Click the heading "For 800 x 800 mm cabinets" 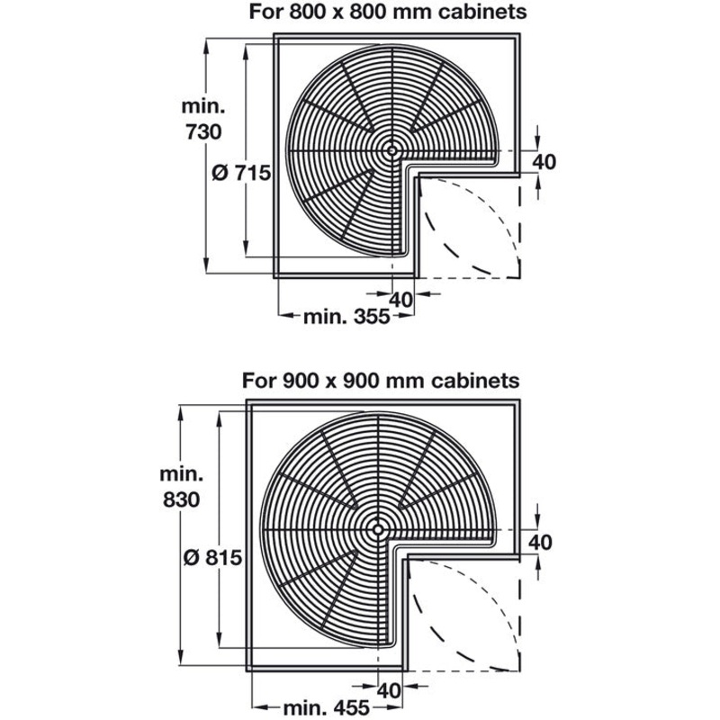pos(388,12)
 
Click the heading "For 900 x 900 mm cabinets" pos(381,381)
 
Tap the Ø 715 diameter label pos(241,173)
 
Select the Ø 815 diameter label pos(212,557)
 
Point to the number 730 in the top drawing pos(204,132)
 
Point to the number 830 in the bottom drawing pos(182,499)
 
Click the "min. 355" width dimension pos(346,317)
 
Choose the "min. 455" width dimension pos(327,707)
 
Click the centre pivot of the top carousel pos(391,150)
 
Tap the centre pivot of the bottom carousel pos(378,529)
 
